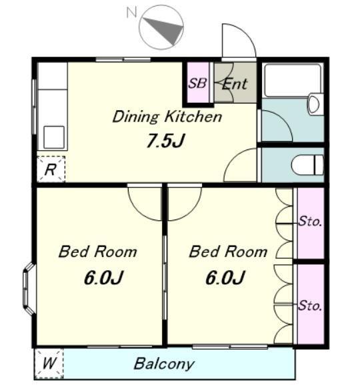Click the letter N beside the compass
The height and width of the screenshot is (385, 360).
131,12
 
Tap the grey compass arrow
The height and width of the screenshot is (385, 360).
167,29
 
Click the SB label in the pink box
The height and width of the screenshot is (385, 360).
197,83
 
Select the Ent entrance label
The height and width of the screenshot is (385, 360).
235,84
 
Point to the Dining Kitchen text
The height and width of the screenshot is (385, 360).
167,117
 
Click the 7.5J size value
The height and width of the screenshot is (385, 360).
165,141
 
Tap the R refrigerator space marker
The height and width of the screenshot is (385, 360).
50,169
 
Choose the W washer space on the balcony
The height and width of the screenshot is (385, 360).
49,364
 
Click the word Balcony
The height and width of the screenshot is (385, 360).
164,364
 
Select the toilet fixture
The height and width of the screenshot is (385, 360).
308,165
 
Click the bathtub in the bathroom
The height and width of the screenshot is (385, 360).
293,81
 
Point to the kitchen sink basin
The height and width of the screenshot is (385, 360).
54,137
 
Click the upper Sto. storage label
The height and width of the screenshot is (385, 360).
310,222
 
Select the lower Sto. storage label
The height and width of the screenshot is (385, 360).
310,306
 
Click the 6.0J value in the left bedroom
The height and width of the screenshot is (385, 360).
103,278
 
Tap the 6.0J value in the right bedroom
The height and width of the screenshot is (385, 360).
225,278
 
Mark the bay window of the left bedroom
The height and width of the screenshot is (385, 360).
29,289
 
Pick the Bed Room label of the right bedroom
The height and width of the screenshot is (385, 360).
228,252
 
